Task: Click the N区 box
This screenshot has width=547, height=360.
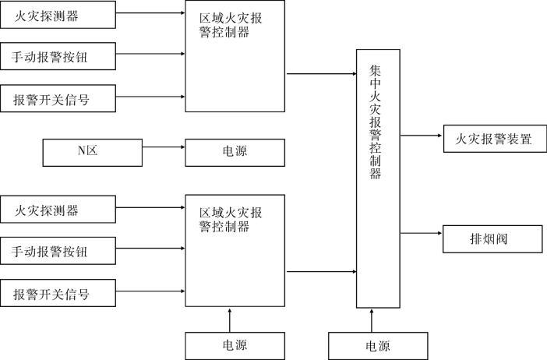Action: (92, 152)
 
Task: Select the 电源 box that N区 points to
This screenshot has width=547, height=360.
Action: (234, 152)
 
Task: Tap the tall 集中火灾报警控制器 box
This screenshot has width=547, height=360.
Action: (378, 178)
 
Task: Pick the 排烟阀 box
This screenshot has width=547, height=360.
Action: (492, 238)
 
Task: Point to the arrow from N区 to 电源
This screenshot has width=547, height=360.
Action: (164, 146)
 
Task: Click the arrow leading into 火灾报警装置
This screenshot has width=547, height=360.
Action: (422, 135)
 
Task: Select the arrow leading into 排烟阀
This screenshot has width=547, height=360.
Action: (422, 233)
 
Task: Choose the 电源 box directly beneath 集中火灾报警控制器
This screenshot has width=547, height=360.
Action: (378, 345)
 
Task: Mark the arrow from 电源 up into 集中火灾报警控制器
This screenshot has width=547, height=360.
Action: (372, 319)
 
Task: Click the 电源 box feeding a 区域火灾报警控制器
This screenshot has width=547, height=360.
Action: (234, 345)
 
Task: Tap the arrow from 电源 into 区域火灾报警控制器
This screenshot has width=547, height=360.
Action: (229, 319)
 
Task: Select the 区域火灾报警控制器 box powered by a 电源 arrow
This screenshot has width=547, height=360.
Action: (235, 250)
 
